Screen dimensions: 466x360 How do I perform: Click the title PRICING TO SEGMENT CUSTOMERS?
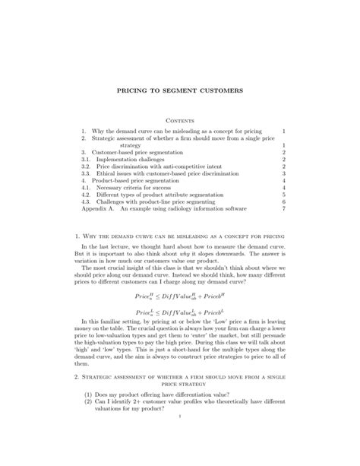point(179,90)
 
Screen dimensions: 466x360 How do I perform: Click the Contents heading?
point(179,120)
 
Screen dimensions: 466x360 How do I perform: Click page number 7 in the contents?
point(283,208)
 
